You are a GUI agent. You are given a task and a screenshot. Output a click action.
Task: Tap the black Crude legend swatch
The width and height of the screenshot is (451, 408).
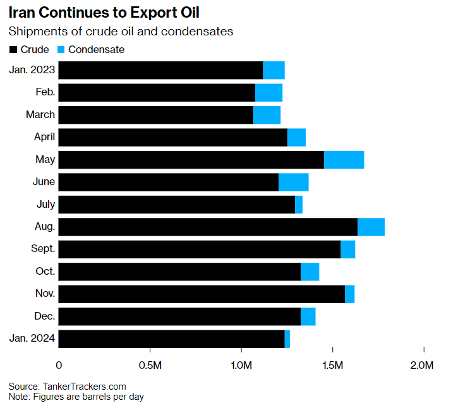pyautogui.click(x=13, y=49)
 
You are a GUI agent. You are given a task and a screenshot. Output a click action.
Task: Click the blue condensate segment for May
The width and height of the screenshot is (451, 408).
pyautogui.click(x=344, y=160)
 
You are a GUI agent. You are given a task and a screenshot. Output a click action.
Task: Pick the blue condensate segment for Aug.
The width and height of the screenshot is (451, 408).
pyautogui.click(x=371, y=227)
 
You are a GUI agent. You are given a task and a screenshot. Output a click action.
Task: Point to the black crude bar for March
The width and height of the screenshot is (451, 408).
pyautogui.click(x=156, y=115)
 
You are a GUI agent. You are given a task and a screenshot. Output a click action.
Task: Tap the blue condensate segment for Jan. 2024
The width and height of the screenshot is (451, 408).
pyautogui.click(x=287, y=339)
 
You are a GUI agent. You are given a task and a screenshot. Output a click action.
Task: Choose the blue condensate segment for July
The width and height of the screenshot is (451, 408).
pyautogui.click(x=299, y=205)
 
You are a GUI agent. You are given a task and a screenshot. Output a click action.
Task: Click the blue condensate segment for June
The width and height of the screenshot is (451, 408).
pyautogui.click(x=293, y=182)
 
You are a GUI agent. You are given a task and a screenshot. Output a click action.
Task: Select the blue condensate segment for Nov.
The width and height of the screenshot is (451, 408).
pyautogui.click(x=349, y=294)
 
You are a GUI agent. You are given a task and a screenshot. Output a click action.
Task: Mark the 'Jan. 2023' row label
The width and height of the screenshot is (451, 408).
pyautogui.click(x=32, y=69)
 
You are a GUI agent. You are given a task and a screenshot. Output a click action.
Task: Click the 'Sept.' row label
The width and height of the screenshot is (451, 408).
pyautogui.click(x=42, y=249)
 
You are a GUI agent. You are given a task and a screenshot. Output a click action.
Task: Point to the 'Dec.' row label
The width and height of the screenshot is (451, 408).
pyautogui.click(x=44, y=316)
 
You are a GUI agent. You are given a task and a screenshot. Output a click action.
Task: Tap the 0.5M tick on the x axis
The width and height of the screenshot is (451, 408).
pyautogui.click(x=150, y=365)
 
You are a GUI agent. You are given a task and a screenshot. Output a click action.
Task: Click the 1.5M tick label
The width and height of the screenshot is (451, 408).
pyautogui.click(x=332, y=365)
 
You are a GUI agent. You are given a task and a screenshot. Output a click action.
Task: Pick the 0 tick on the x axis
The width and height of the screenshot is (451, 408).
pyautogui.click(x=59, y=365)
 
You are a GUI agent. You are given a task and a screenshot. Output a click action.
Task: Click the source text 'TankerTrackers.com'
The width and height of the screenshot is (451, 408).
pyautogui.click(x=84, y=386)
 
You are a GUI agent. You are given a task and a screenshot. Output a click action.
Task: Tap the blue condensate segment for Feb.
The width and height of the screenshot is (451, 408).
pyautogui.click(x=268, y=92)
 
